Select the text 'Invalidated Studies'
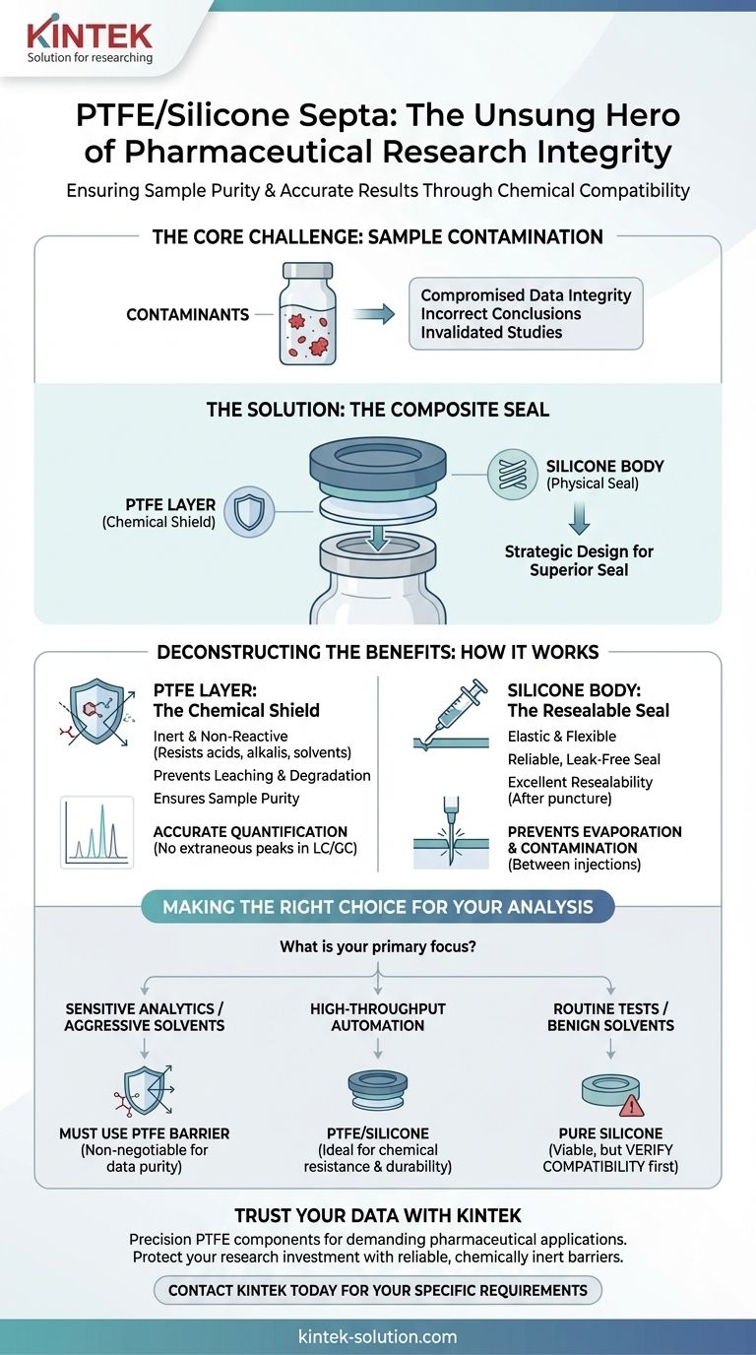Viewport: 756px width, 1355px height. coord(491,332)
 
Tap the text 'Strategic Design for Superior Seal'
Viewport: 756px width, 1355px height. coord(579,560)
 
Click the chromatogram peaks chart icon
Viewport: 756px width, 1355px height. coord(96,832)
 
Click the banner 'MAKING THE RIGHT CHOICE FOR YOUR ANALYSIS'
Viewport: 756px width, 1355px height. coord(378,907)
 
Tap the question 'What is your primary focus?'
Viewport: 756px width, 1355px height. coord(378,948)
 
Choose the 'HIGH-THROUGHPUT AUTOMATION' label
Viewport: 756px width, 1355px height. coord(378,1017)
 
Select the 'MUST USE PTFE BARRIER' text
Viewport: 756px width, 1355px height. coord(146,1134)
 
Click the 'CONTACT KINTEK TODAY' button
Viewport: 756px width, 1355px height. coord(378,1290)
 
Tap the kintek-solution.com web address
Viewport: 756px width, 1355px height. coord(378,1336)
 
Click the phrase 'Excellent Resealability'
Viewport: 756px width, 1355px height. coord(580,782)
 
